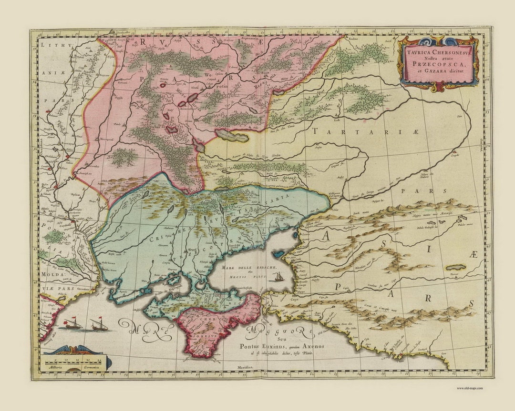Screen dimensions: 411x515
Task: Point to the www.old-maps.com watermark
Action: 470,388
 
